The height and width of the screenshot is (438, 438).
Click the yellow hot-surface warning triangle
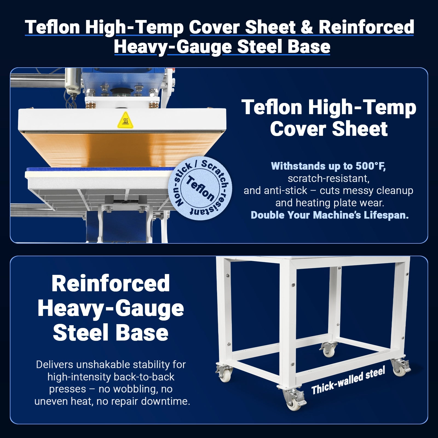125,120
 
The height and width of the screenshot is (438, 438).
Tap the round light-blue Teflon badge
200,188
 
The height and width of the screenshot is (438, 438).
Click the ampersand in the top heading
307,27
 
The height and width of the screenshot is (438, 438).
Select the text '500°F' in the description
371,166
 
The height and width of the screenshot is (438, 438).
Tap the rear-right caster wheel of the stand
400,368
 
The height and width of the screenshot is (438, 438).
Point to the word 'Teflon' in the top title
52,27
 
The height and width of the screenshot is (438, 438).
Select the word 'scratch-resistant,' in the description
328,178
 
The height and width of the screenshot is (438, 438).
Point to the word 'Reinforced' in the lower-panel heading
111,284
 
